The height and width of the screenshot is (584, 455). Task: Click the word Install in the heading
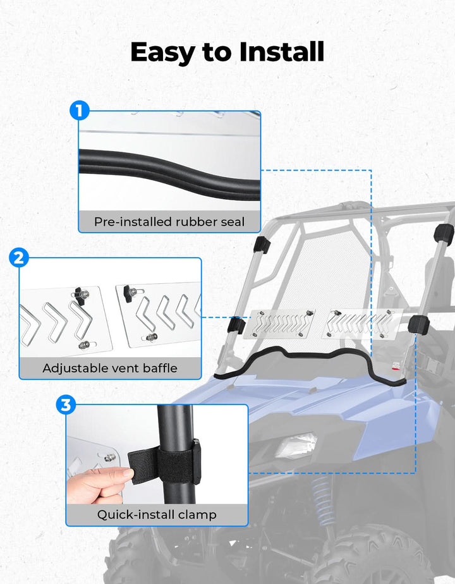click(x=281, y=51)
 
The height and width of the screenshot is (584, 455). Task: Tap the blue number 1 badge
click(x=80, y=110)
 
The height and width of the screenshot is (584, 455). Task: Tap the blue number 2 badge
click(x=19, y=257)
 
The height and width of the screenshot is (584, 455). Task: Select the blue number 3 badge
click(x=66, y=405)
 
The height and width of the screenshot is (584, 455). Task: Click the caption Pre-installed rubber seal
click(x=169, y=222)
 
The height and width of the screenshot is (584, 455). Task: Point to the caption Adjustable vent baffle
click(x=110, y=368)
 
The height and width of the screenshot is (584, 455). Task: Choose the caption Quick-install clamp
click(x=157, y=514)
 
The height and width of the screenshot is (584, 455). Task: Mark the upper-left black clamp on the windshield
click(x=262, y=245)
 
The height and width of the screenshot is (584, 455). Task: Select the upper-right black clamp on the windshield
click(x=444, y=234)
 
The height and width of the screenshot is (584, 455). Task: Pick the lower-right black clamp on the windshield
click(x=418, y=325)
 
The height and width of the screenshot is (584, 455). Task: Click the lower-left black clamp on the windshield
click(x=236, y=325)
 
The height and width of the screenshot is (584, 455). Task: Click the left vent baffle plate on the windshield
click(x=279, y=324)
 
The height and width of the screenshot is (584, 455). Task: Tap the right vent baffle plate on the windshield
click(x=361, y=324)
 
